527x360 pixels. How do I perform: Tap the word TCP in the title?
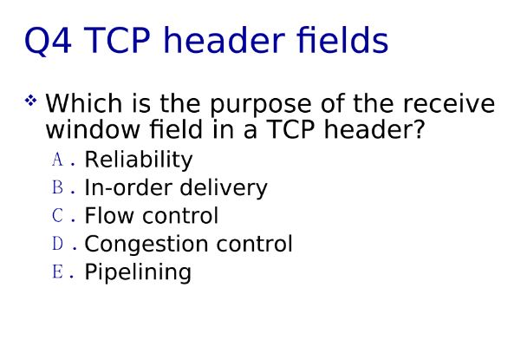(x=121, y=41)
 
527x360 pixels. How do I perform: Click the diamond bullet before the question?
(x=31, y=101)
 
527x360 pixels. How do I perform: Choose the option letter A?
(x=58, y=160)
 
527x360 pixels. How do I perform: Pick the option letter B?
(x=58, y=187)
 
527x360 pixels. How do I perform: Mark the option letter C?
(x=58, y=215)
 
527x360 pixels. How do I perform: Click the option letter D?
(x=58, y=244)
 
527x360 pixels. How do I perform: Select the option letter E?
(x=58, y=272)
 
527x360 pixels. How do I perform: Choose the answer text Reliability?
(x=138, y=160)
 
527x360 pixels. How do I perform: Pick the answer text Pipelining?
(x=137, y=272)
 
